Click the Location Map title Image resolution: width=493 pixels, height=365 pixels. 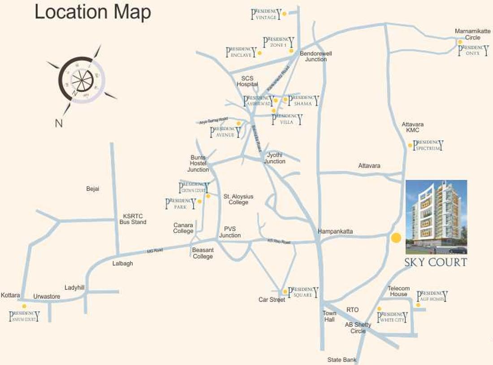(93, 13)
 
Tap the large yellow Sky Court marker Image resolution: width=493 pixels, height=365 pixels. (396, 238)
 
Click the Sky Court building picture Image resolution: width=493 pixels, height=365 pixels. (436, 217)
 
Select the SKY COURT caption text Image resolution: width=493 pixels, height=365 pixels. (436, 262)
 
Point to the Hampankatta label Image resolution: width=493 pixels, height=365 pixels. (335, 231)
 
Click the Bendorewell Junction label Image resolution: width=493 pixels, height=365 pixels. (316, 56)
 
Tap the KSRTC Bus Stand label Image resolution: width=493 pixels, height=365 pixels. (133, 218)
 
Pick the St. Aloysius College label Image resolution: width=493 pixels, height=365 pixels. (238, 199)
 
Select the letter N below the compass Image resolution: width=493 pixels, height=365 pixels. (59, 123)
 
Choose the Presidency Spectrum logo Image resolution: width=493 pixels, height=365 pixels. (428, 145)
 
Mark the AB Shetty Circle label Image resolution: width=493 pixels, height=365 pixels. (358, 328)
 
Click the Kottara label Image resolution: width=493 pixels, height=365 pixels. (10, 295)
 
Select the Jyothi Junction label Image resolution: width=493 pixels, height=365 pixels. (275, 158)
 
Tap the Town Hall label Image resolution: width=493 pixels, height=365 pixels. (329, 316)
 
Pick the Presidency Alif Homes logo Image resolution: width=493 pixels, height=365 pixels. (432, 296)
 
